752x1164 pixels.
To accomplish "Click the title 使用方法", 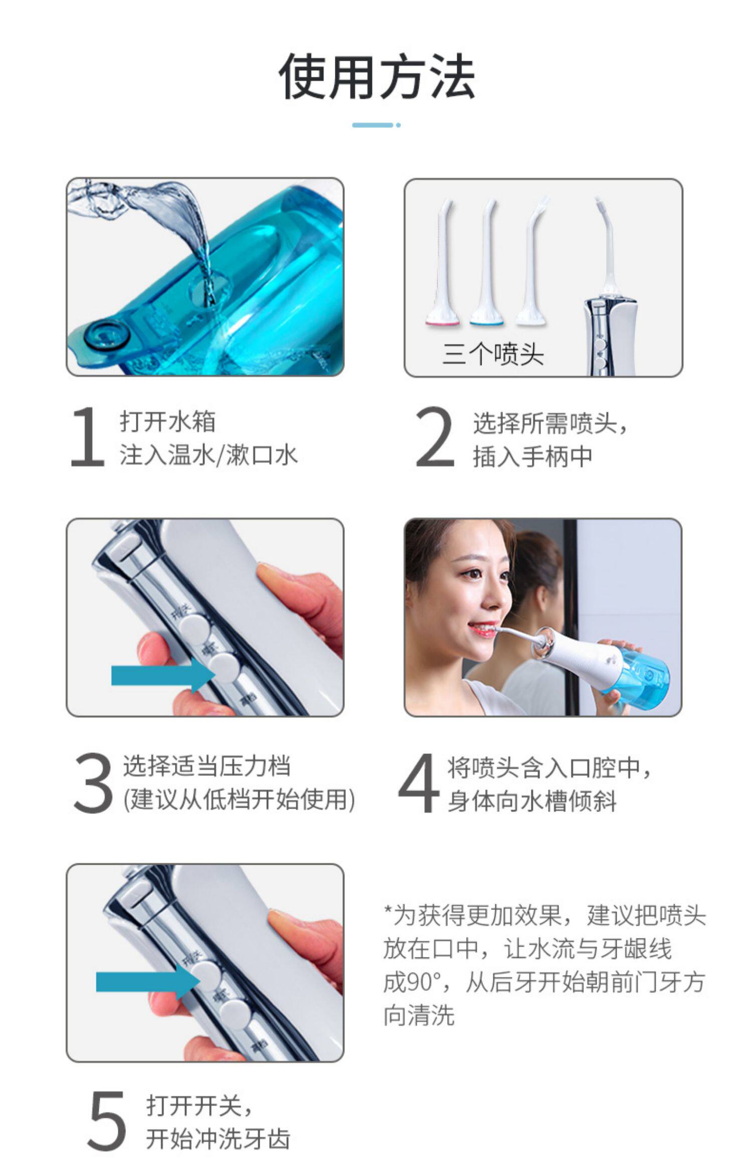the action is (x=377, y=76).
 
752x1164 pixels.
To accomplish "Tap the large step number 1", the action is (x=88, y=437).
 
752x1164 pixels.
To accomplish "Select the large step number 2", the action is (x=434, y=437).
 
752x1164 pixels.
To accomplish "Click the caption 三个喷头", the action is (x=493, y=354).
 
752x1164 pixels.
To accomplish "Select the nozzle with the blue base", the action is (x=486, y=263).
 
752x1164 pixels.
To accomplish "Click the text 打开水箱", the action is (x=167, y=421).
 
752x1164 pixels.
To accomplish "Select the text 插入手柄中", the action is (x=532, y=457).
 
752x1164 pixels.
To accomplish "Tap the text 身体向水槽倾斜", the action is (x=532, y=801).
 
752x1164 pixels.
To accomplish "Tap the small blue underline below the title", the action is (x=376, y=125).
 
